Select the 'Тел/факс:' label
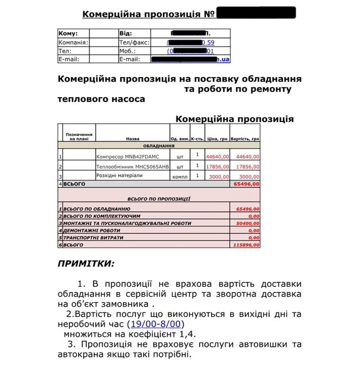click(134, 43)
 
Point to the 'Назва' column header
click(132, 138)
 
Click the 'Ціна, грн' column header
click(218, 138)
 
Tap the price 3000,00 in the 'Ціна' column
click(220, 176)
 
